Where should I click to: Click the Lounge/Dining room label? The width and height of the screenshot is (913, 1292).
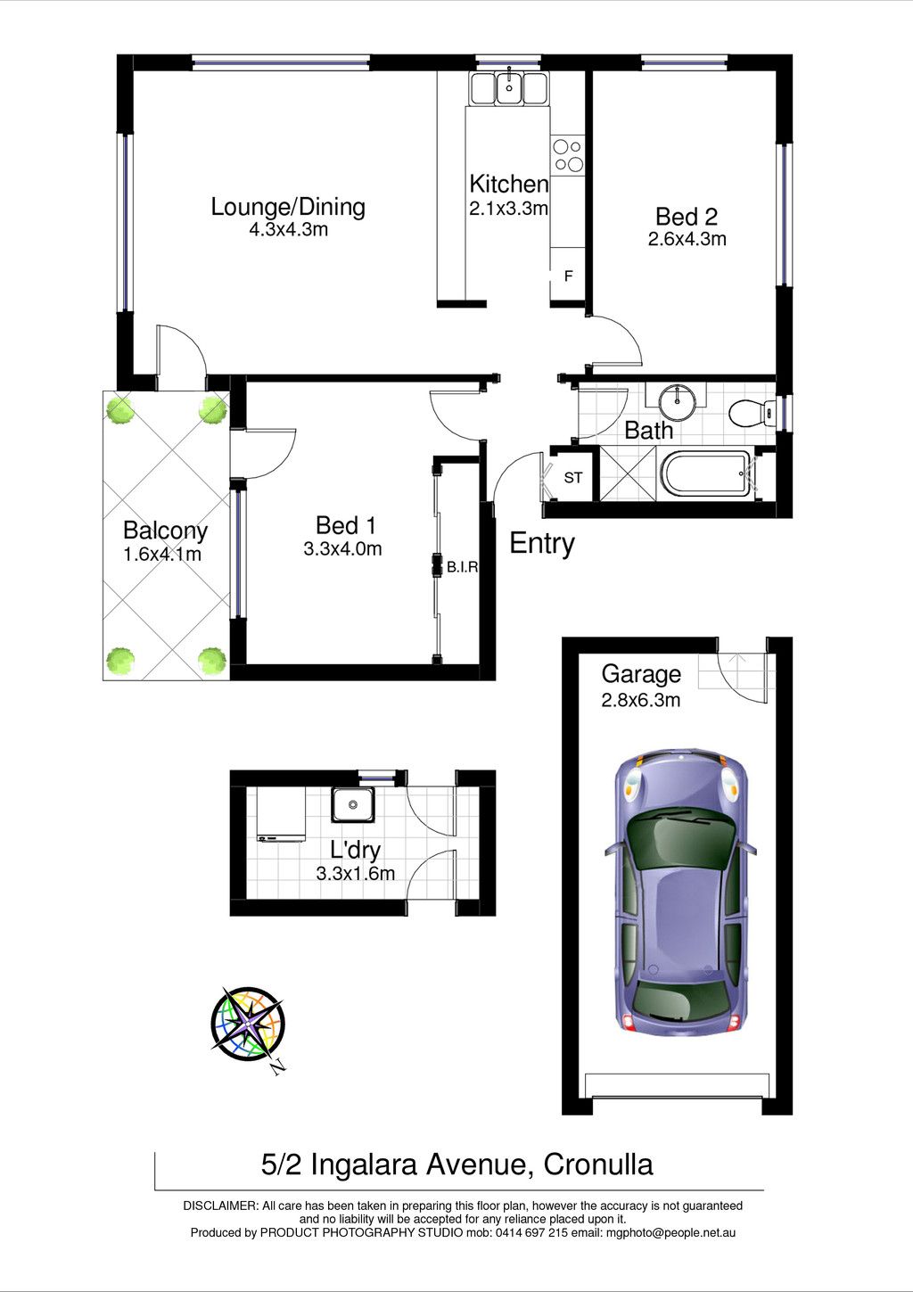point(288,207)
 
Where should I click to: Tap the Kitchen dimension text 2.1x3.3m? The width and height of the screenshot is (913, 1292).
point(508,209)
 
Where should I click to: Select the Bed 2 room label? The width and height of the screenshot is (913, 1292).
point(687,217)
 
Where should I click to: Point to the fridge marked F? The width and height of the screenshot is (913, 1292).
point(568,276)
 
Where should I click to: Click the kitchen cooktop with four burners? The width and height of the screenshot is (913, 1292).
point(568,156)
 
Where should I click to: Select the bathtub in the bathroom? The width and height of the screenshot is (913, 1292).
point(704,474)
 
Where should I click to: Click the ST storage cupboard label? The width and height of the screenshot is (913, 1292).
point(572,478)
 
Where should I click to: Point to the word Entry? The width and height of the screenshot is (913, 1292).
point(542,543)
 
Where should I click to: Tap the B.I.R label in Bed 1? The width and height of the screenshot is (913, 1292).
point(463,567)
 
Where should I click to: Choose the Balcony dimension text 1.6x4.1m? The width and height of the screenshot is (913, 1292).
point(162,555)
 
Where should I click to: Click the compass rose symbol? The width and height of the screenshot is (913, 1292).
point(247,1024)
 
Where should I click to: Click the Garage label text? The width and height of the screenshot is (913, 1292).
point(641,674)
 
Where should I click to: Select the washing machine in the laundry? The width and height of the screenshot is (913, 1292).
point(282,816)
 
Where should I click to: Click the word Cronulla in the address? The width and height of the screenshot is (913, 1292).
point(598,1164)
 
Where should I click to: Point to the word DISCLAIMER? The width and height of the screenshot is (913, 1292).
point(220,1206)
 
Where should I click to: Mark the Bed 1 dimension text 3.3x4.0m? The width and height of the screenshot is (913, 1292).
point(342,548)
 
